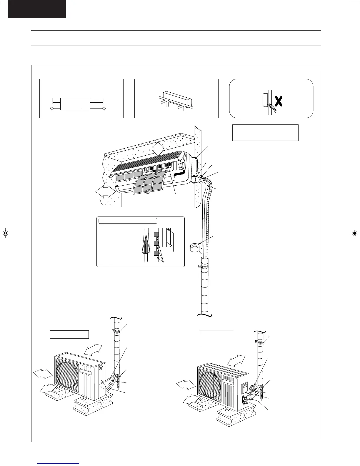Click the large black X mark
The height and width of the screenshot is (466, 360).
point(279,101)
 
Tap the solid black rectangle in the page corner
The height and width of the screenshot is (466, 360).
point(36,9)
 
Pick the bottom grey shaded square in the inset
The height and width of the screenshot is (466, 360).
point(156,254)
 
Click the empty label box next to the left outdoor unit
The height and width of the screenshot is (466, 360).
point(69,334)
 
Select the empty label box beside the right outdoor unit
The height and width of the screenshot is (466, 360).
point(216,337)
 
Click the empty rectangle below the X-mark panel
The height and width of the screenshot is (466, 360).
point(265,133)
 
